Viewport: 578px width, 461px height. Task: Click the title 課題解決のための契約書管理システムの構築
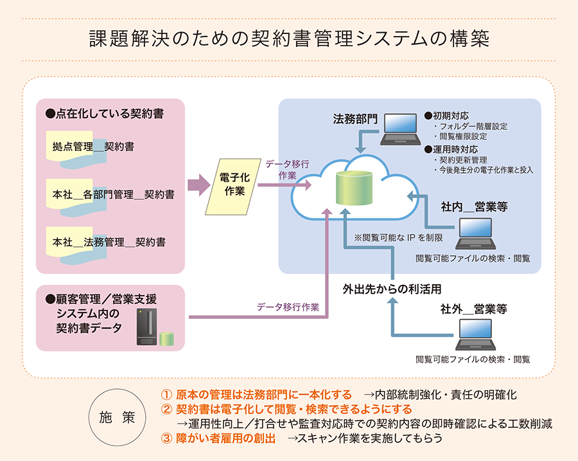[x=289, y=39]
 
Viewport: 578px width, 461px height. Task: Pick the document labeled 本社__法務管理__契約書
[x=109, y=243]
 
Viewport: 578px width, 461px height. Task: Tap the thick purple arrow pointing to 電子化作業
[x=199, y=186]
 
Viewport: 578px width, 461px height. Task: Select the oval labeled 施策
[x=118, y=417]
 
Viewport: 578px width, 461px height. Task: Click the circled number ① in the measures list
[x=166, y=394]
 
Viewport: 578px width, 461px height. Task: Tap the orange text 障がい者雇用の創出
[x=225, y=438]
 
